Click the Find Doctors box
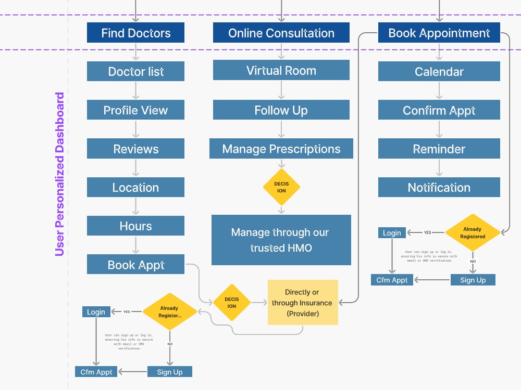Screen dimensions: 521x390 [x=135, y=32]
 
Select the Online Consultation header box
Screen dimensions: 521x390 [x=281, y=32]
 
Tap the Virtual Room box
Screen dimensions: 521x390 [x=281, y=70]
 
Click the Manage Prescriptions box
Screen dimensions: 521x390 [x=281, y=149]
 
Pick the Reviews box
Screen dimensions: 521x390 [x=135, y=149]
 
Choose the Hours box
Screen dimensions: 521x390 [x=135, y=226]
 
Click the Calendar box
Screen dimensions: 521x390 [x=439, y=71]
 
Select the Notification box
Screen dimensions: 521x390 [x=439, y=187]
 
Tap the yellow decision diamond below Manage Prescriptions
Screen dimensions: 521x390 [x=281, y=187]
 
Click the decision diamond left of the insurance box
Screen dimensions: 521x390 [x=232, y=303]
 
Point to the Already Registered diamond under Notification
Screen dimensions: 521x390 [x=473, y=232]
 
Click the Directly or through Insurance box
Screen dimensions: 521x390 [x=303, y=303]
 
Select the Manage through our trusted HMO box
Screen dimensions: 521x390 [x=281, y=240]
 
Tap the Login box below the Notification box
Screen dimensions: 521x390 [x=392, y=233]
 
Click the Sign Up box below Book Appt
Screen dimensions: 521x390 [x=169, y=372]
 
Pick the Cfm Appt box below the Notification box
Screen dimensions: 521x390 [x=392, y=280]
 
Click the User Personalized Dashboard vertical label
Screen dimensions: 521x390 [x=59, y=174]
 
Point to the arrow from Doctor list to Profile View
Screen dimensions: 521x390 [x=135, y=90]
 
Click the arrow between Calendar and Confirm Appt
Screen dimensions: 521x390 [x=439, y=90]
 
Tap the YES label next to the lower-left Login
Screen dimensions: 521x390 [x=127, y=311]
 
